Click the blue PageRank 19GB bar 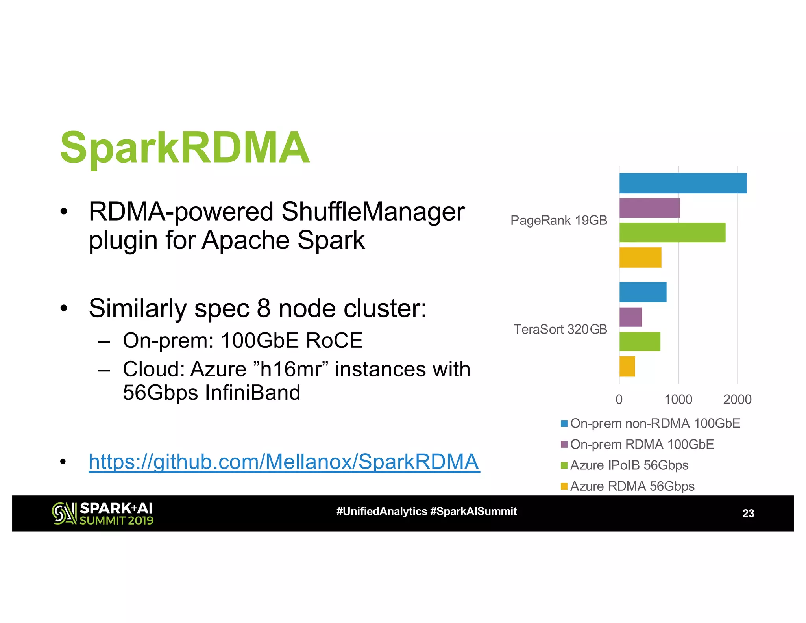[683, 183]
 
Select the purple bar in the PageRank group [649, 208]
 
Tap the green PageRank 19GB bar [672, 233]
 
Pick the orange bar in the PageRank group [640, 258]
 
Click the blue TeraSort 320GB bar [643, 292]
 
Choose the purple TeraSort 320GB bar [630, 317]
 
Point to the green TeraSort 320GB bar [640, 341]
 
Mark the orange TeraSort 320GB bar [627, 366]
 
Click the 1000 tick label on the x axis [678, 399]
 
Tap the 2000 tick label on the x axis [737, 399]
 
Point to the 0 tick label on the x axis [619, 399]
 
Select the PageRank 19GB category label [558, 220]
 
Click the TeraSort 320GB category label [560, 329]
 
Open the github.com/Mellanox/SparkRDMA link [284, 462]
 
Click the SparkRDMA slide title [185, 148]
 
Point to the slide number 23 [748, 513]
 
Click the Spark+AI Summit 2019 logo [103, 513]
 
